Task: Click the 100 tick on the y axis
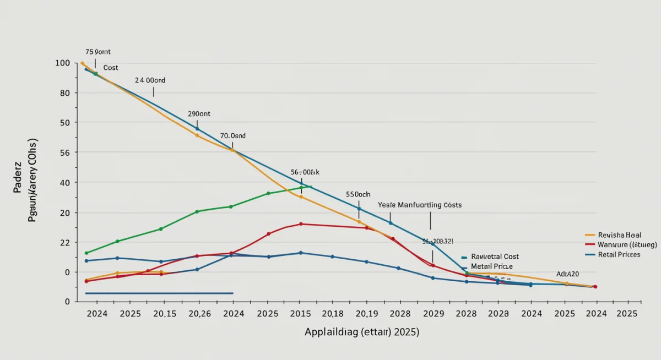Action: coord(63,63)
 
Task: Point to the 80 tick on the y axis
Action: coord(64,93)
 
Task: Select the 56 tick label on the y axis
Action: coord(64,152)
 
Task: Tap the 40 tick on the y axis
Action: coord(64,183)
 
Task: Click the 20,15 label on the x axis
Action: coord(165,313)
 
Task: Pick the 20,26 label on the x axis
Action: coord(199,313)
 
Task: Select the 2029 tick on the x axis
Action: coord(433,313)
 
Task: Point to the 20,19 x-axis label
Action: coord(366,313)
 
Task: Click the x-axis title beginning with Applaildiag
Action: coord(361,332)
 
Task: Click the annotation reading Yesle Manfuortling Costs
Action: coord(420,205)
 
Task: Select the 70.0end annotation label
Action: coord(233,135)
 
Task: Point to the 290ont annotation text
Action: coord(199,113)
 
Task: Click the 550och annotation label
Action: coord(358,194)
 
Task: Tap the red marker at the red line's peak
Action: coord(301,224)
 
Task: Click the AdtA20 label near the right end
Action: coord(568,274)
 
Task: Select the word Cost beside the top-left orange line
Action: coord(111,67)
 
